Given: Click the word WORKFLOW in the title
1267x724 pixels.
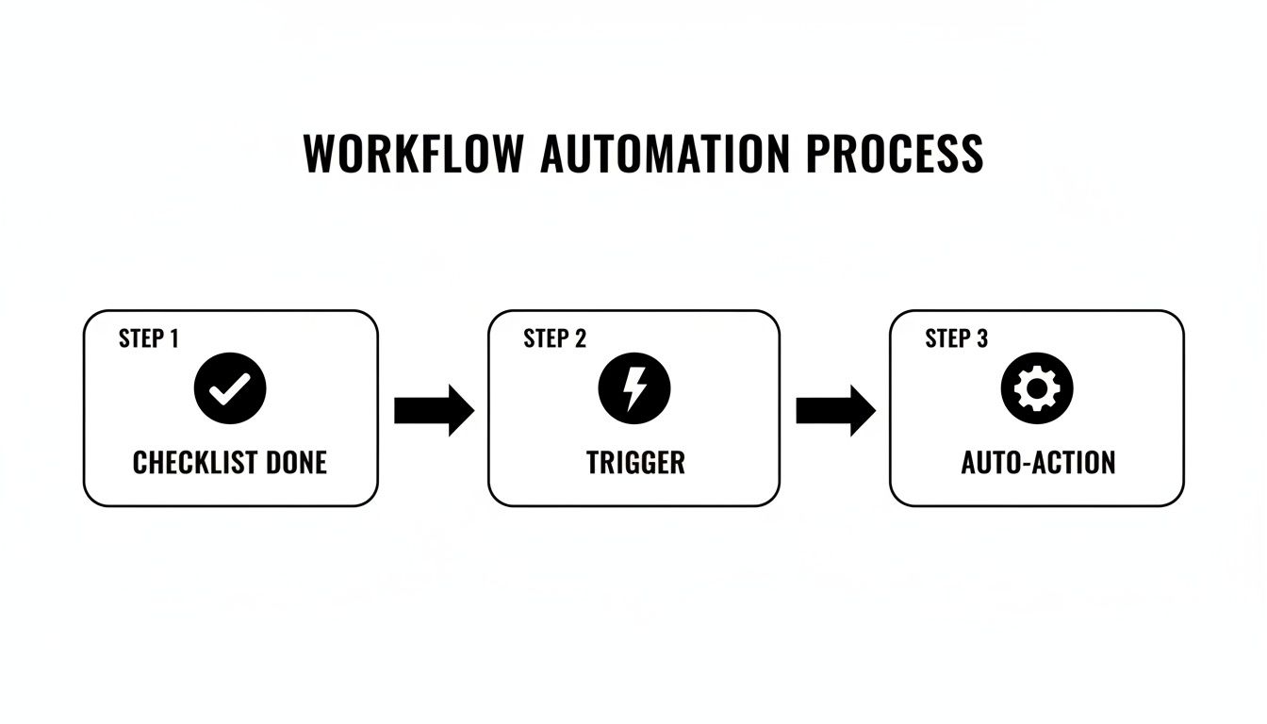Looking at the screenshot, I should tap(412, 154).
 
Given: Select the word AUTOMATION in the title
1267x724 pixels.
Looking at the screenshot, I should tap(665, 154).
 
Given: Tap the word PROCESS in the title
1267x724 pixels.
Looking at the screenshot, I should tap(894, 154).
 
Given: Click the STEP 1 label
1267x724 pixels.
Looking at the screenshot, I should tap(148, 339).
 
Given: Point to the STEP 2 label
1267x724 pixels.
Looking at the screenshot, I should tap(554, 339).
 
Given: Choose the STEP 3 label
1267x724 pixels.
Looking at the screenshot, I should tap(956, 339).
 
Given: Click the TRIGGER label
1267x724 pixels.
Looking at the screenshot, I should tap(635, 463).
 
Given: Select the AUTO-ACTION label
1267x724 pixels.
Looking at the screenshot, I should tap(1038, 463).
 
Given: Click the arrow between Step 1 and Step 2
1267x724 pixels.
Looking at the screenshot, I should tap(433, 411).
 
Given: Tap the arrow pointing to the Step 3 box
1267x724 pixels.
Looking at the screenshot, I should tap(835, 411).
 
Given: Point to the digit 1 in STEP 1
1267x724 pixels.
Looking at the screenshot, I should tap(173, 339).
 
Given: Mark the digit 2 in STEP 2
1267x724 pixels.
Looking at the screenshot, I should tap(581, 339).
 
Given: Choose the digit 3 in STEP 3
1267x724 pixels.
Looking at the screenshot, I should tap(982, 339).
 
